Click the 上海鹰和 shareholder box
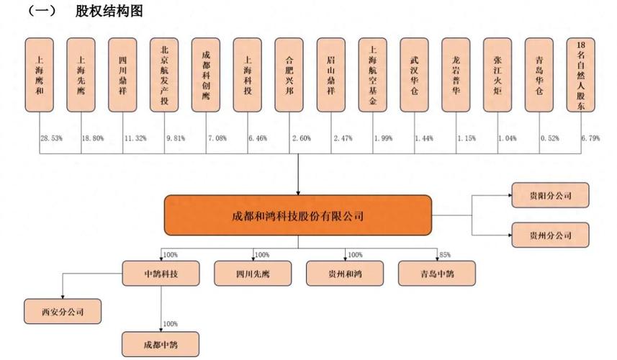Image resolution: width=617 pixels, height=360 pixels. (40, 75)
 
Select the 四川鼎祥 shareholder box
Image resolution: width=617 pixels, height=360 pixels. (122, 75)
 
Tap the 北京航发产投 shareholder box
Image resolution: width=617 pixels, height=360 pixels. (164, 75)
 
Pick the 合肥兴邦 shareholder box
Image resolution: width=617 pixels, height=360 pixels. (289, 75)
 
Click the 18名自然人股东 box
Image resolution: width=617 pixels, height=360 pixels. (581, 75)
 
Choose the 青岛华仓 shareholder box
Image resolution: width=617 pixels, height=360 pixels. (539, 75)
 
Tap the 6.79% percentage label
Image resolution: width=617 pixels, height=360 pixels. (590, 138)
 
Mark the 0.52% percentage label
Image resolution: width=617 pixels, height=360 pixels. (549, 138)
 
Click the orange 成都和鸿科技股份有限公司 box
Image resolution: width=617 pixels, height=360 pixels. (297, 215)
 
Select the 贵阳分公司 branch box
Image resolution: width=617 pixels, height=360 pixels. (551, 195)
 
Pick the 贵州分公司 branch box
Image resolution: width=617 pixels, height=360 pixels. (551, 235)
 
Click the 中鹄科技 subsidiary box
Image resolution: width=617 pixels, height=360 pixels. (161, 273)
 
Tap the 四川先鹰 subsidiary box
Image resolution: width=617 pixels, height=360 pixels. (253, 273)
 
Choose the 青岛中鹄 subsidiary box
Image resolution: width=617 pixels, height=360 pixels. (436, 273)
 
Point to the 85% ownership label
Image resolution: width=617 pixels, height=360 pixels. (444, 254)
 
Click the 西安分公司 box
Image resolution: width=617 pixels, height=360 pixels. (63, 312)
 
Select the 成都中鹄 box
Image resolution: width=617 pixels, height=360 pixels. (161, 343)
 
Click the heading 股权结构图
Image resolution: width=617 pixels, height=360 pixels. (109, 12)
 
